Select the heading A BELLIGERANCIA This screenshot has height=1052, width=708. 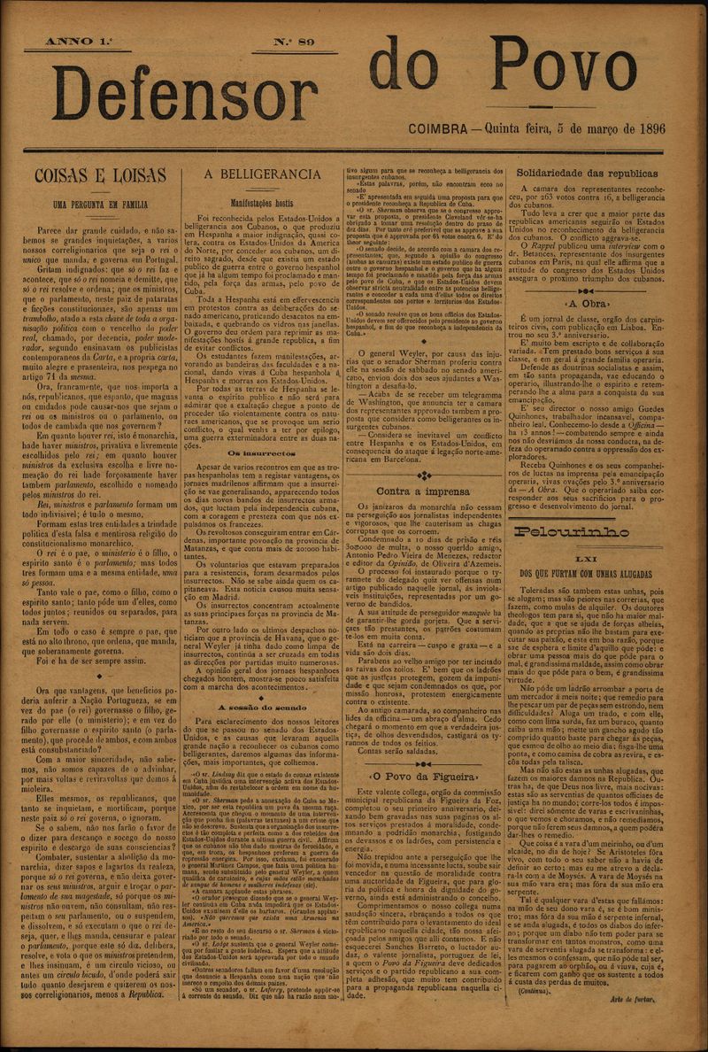coord(262,174)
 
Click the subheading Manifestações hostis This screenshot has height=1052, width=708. coord(262,202)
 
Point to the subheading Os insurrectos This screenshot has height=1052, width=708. coord(262,452)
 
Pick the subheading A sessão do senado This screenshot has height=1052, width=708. coord(262,709)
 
